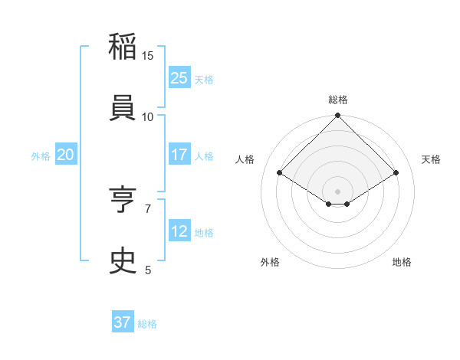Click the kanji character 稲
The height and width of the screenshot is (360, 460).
(123, 47)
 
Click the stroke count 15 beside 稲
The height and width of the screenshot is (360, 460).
(148, 56)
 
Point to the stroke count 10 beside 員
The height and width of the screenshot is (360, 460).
(148, 116)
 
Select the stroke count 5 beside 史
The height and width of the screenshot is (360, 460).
(148, 270)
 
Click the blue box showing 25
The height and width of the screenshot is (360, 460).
(179, 77)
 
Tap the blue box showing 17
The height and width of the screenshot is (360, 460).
(179, 155)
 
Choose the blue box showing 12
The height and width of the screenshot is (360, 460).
(179, 231)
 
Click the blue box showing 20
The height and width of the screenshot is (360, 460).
(65, 155)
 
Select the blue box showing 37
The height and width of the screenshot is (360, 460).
(123, 322)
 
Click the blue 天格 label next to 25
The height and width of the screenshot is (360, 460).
(204, 79)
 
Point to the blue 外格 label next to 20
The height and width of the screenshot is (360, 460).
(41, 155)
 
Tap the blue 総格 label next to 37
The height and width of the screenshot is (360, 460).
(147, 324)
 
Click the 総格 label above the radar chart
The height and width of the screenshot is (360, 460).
(338, 100)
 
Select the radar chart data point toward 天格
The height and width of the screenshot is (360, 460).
(396, 173)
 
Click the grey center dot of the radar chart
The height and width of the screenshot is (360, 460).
(337, 190)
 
